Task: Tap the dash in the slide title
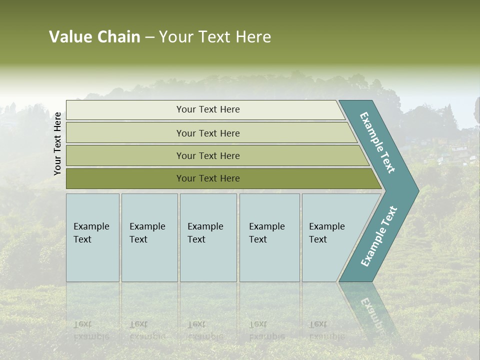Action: click(149, 37)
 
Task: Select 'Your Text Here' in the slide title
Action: click(215, 37)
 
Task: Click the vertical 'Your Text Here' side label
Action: click(57, 143)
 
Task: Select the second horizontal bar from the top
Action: click(207, 133)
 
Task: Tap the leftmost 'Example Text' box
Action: click(92, 237)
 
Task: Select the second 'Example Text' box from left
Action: click(149, 237)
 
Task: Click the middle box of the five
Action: click(208, 237)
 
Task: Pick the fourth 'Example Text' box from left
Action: click(269, 237)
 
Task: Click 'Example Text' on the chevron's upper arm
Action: click(378, 142)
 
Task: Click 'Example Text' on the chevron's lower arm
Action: click(379, 236)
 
